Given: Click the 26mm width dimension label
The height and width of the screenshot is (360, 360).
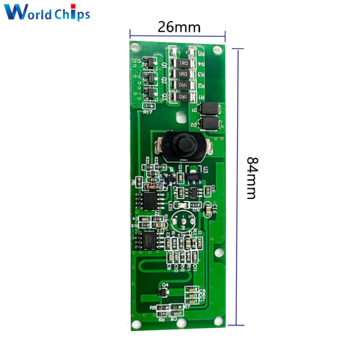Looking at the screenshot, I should click(x=179, y=27).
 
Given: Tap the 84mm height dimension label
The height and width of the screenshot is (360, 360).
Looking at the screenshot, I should click(x=251, y=177).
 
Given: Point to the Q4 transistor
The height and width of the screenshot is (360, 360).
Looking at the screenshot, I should click(x=164, y=293).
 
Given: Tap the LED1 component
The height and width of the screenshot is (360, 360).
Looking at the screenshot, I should click(x=179, y=205).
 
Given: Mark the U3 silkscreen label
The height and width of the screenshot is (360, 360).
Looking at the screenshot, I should click(x=206, y=170).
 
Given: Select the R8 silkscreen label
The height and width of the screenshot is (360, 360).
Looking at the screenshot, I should click(x=153, y=308).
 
